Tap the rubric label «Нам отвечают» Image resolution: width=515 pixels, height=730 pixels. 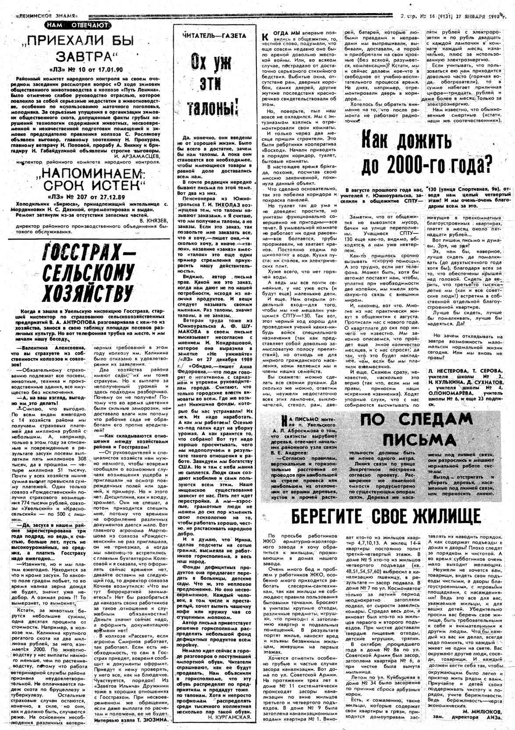tap(77, 25)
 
